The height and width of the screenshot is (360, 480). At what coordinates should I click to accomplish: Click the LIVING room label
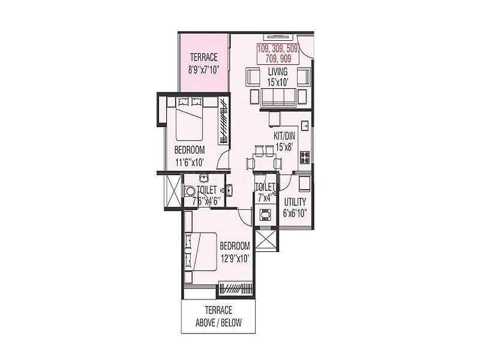278,72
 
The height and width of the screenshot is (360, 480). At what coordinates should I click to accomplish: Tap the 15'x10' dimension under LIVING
278,82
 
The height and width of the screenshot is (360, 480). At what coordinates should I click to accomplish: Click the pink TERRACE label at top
205,58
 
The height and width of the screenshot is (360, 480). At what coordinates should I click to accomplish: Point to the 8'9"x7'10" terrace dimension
205,70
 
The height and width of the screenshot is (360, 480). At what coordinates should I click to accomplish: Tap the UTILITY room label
295,202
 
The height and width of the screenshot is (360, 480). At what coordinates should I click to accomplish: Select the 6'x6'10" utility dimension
295,213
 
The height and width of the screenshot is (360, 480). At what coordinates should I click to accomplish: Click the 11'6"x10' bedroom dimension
190,161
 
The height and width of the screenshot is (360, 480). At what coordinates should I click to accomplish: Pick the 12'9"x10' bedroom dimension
234,259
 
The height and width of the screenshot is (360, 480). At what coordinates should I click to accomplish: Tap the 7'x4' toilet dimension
265,196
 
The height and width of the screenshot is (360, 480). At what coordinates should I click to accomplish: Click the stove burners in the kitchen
305,158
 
